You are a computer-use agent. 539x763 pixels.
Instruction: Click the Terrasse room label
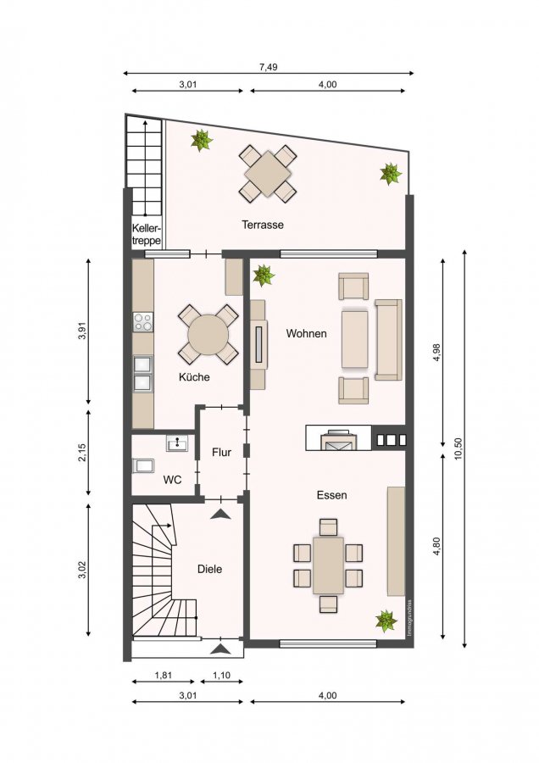(x=263, y=225)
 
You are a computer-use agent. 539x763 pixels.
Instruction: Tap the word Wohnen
(x=306, y=333)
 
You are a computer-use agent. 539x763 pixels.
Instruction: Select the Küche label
(x=194, y=376)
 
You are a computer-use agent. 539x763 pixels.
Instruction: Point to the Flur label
(x=221, y=452)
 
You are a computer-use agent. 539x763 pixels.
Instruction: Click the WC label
(x=172, y=480)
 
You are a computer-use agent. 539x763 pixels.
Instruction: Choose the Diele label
(x=209, y=569)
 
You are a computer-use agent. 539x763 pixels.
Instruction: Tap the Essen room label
(x=331, y=495)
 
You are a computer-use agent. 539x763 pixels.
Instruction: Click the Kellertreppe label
(x=147, y=234)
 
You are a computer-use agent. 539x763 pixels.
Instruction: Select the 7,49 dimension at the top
(x=268, y=67)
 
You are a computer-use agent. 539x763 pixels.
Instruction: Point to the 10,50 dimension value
(x=457, y=449)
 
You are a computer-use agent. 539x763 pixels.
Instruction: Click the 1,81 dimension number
(x=163, y=676)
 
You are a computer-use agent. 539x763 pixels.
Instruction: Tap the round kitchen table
(x=208, y=334)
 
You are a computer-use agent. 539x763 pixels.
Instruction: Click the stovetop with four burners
(x=143, y=321)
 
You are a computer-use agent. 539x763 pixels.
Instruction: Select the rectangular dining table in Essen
(x=328, y=565)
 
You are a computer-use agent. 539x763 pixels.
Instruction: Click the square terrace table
(x=267, y=173)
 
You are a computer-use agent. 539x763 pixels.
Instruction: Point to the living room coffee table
(x=354, y=338)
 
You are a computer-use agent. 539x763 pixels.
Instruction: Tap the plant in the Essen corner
(x=386, y=621)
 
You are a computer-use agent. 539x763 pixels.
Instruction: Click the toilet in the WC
(x=143, y=465)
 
